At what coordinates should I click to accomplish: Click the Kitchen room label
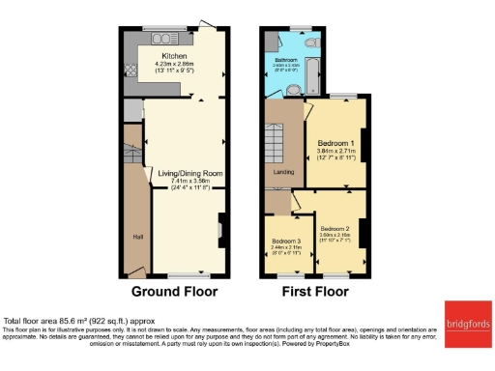coord(176,57)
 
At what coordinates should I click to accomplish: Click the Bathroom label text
coord(285,58)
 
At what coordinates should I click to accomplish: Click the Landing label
coord(283,173)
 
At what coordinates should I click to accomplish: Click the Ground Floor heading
coord(174,291)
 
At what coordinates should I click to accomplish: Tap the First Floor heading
coord(315,291)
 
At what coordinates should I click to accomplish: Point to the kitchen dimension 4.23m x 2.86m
coord(176,68)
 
